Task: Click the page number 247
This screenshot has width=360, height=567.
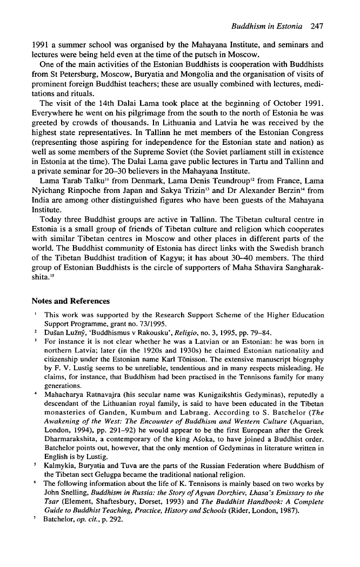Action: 317,25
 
